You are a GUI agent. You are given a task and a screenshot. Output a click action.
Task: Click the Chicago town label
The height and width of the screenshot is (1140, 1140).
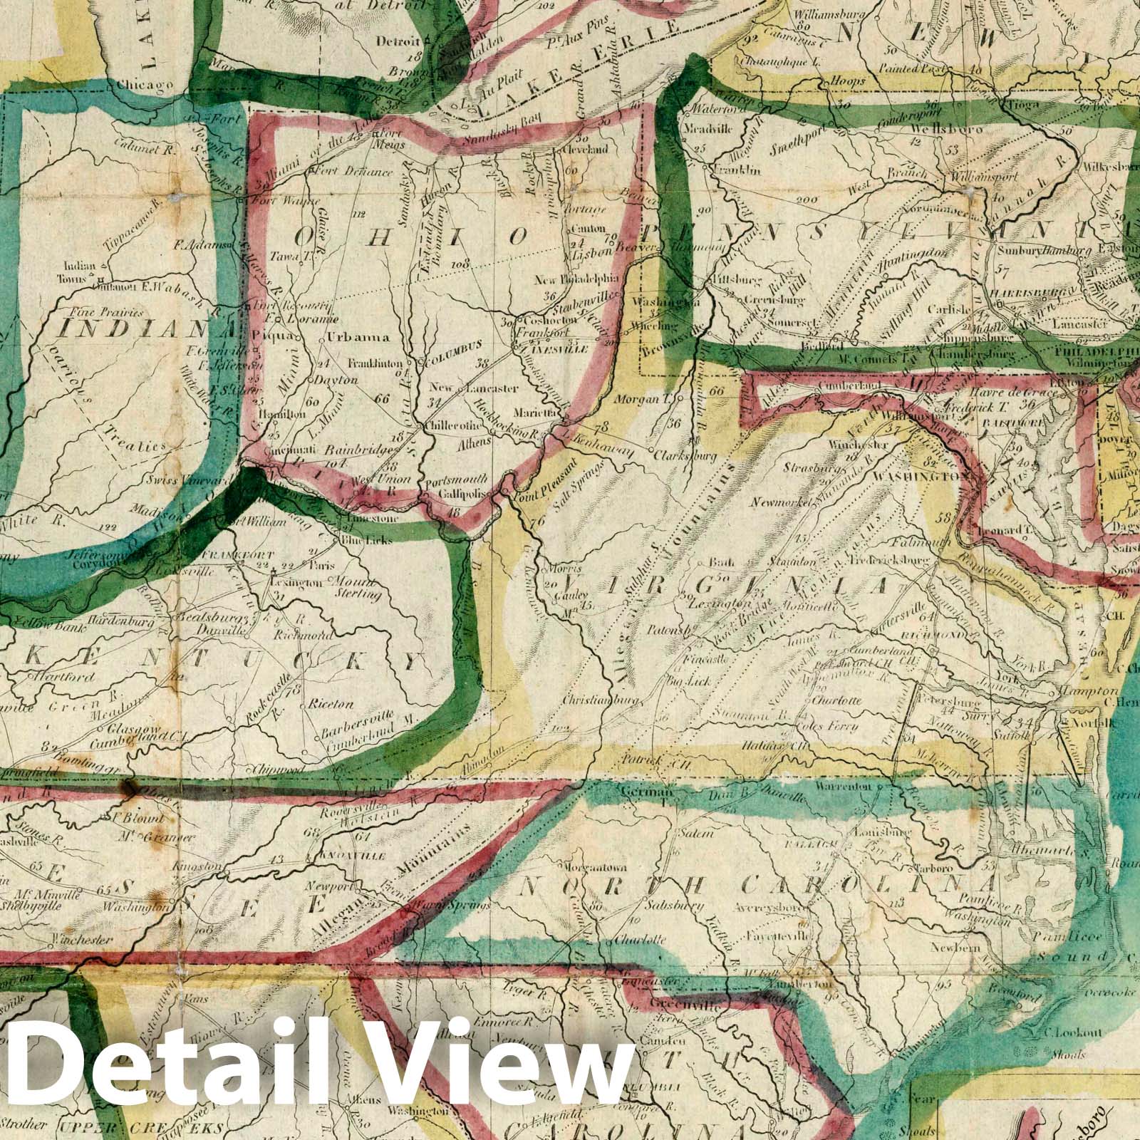(145, 86)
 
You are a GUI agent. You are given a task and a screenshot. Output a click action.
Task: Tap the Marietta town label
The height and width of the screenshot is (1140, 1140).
(527, 413)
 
